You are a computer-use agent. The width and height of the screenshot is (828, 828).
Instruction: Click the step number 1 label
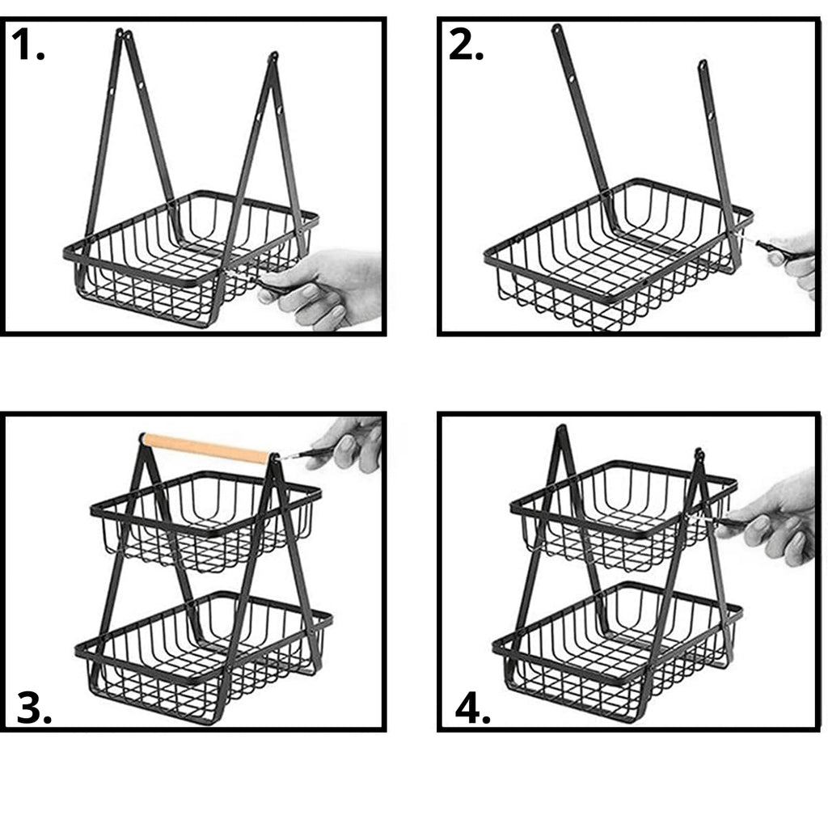pyautogui.click(x=27, y=44)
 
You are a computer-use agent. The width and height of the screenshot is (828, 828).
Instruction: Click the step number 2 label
pyautogui.click(x=466, y=44)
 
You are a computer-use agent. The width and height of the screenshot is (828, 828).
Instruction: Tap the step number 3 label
pyautogui.click(x=34, y=708)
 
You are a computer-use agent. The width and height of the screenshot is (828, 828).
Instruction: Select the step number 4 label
pyautogui.click(x=472, y=708)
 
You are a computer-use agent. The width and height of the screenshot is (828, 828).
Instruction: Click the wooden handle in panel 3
pyautogui.click(x=206, y=448)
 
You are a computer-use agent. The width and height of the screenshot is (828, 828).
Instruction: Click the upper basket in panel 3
pyautogui.click(x=206, y=520)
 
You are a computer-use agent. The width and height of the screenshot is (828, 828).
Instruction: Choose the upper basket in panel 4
pyautogui.click(x=623, y=515)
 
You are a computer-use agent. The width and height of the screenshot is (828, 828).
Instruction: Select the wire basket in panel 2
pyautogui.click(x=618, y=253)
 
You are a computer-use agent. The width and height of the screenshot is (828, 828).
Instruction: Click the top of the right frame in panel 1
pyautogui.click(x=272, y=57)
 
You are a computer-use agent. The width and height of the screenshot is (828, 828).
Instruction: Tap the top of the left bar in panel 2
pyautogui.click(x=556, y=28)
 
